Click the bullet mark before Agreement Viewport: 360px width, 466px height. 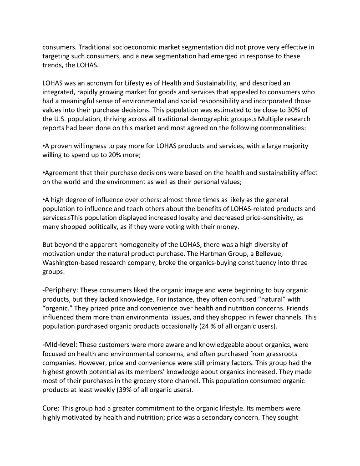[44, 173]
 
